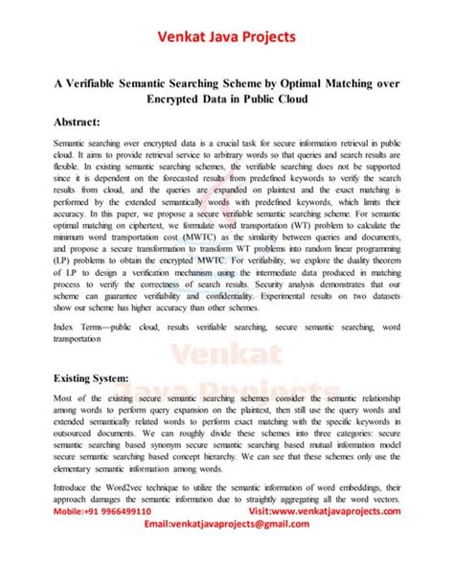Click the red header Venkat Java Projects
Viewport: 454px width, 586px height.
(226, 37)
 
